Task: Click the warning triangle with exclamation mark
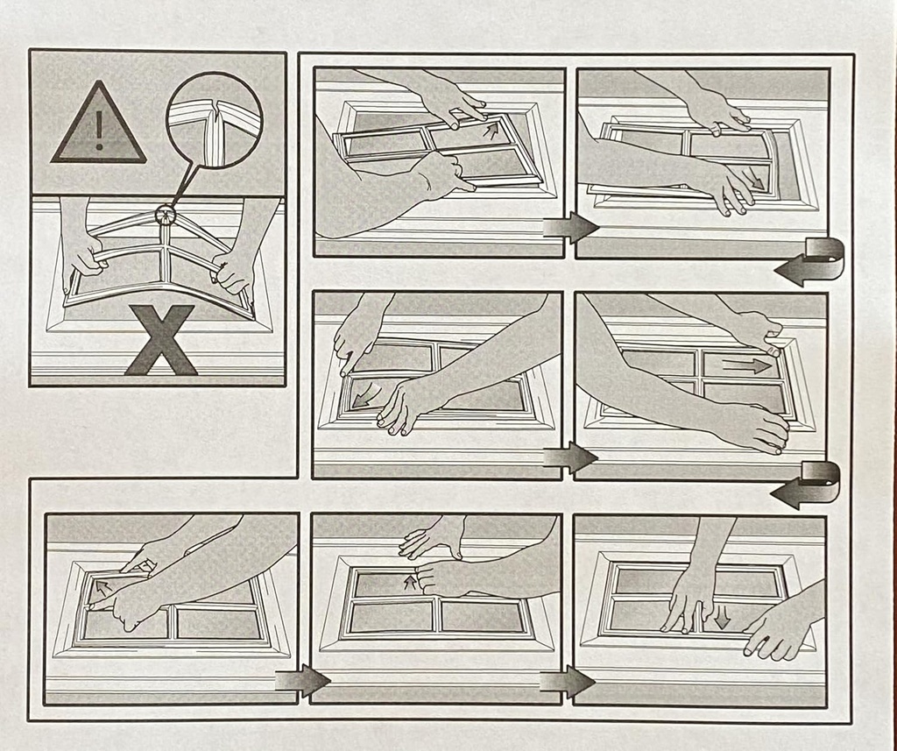coord(98,125)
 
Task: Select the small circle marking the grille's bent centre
coord(164,213)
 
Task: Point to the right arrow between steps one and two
coord(569,228)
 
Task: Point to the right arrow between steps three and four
coord(569,457)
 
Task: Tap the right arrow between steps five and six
coord(301,680)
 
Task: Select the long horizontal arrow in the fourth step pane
coord(747,366)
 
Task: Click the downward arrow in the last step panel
coord(722,618)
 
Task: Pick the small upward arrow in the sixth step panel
coord(409,581)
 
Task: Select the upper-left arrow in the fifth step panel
coord(102,586)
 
